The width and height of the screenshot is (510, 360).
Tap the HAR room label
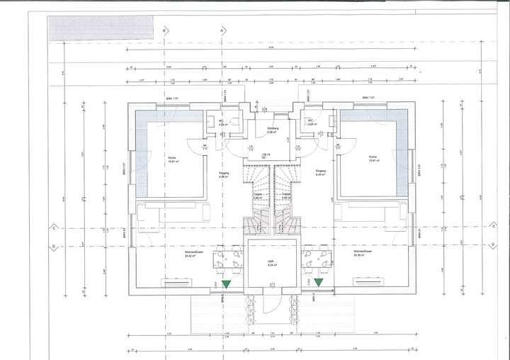(x=271, y=262)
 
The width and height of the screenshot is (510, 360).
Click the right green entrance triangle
(x=319, y=282)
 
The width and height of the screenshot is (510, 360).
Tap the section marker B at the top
(x=165, y=31)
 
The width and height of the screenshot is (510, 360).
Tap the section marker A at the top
(x=222, y=31)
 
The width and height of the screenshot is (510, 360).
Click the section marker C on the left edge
(x=53, y=228)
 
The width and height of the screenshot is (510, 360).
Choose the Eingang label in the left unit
(x=223, y=172)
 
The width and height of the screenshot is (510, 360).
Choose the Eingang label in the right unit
(x=320, y=172)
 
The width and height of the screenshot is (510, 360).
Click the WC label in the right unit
(x=310, y=122)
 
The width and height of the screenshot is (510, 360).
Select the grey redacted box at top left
(x=100, y=26)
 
